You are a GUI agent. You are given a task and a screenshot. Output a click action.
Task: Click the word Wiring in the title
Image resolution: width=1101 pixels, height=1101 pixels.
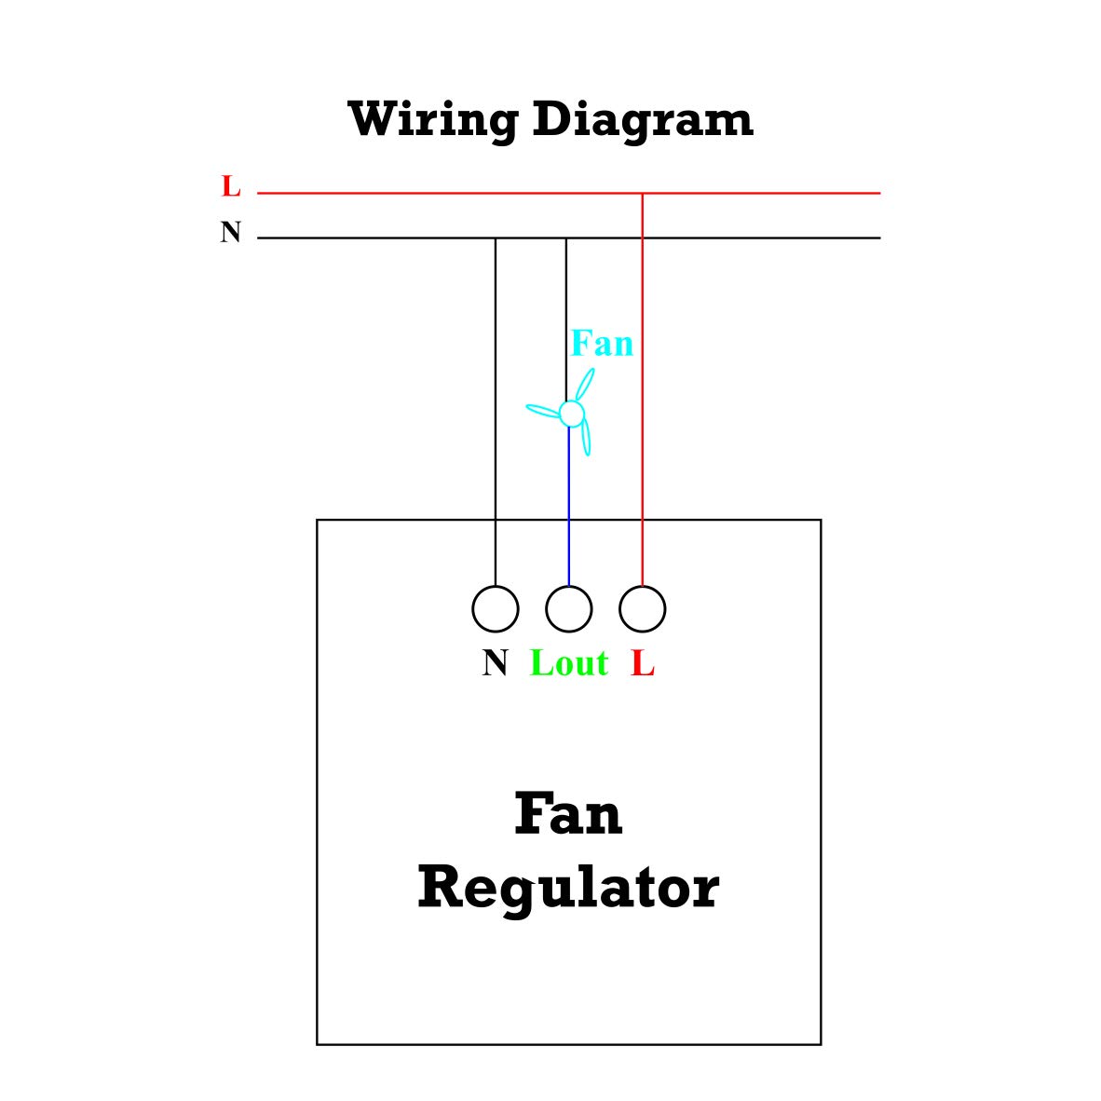[432, 120]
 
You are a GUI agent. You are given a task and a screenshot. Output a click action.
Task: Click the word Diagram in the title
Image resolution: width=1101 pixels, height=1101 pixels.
[643, 120]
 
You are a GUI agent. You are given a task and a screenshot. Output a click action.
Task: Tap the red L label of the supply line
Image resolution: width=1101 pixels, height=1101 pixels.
[231, 187]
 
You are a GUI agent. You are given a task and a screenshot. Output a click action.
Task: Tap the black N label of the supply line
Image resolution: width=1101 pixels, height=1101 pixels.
[231, 232]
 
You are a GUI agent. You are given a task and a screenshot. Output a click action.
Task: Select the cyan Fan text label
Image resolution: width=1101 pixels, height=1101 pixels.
[602, 344]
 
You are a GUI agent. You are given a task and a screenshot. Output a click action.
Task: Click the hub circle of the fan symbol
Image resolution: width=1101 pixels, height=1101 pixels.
[572, 413]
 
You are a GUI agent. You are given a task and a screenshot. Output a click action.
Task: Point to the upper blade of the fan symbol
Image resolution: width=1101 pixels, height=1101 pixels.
[585, 385]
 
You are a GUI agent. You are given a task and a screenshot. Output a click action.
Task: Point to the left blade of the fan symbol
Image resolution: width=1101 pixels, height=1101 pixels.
[544, 409]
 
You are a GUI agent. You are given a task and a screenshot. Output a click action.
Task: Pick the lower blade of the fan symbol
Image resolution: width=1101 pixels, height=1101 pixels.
[586, 438]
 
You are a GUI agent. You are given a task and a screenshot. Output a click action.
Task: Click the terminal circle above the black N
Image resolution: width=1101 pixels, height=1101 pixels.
[496, 609]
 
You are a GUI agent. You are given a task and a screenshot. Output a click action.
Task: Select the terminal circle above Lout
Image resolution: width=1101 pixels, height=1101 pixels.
[569, 609]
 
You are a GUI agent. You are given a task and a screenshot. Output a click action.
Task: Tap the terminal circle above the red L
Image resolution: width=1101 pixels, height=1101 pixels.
[643, 609]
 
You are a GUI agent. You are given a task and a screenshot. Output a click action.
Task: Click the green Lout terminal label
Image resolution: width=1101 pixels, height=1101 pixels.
[569, 663]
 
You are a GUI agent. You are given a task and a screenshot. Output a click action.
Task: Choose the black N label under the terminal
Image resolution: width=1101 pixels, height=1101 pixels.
[496, 663]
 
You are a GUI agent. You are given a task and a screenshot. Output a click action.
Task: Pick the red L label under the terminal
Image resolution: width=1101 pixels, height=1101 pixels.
[643, 663]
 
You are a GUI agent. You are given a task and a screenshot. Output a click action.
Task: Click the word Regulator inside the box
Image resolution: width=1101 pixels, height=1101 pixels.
[568, 888]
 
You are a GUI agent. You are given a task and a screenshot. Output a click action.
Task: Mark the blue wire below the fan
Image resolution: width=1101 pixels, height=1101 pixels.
[569, 503]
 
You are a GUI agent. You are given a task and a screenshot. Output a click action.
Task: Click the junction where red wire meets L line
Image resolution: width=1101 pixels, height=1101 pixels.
[643, 193]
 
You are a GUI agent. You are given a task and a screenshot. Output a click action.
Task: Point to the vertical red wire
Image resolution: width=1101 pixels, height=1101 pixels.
[643, 373]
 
